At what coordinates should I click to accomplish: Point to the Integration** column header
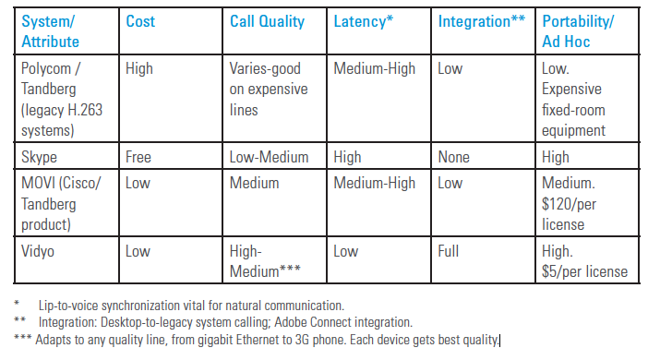coord(482,20)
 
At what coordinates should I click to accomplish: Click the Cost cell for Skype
coord(139,157)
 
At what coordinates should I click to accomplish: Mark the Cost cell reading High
coord(139,67)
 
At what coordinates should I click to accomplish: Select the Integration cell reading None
coord(456,157)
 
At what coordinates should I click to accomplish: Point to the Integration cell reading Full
coord(450,251)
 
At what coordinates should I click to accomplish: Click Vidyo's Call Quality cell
coord(268,261)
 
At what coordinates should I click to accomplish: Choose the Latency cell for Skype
coord(349,157)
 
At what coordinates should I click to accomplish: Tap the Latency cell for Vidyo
coord(347,251)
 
